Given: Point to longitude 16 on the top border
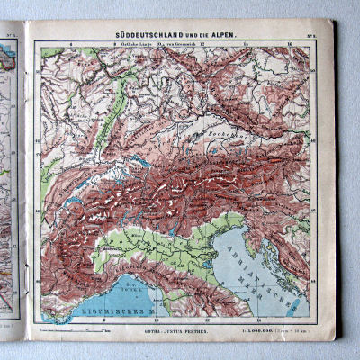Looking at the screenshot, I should (286, 42).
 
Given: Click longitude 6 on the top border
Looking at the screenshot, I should (71, 42).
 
